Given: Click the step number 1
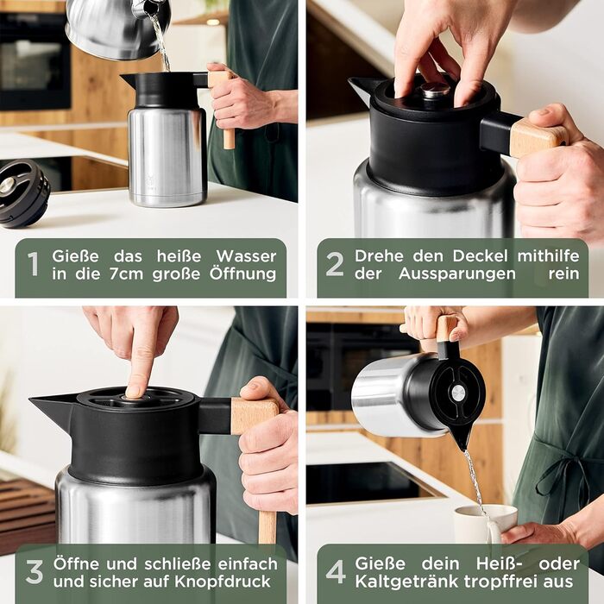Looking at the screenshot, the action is pos(34,264).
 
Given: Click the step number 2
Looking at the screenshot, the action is pos(335,264).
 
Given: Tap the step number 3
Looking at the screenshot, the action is pos(35,571).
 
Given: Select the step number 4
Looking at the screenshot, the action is pos(336,571).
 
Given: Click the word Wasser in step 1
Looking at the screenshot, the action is pos(246,256).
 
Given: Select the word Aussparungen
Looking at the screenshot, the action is pos(456,274).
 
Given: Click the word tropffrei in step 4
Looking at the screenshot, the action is pos(504,582).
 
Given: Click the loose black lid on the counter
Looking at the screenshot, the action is pos(24,192).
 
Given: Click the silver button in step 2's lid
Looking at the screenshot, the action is pos(435,90).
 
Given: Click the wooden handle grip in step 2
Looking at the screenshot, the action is pos(538,136).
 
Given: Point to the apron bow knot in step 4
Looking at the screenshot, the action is pos(562,464).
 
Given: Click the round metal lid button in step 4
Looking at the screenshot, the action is pos(458,393).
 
